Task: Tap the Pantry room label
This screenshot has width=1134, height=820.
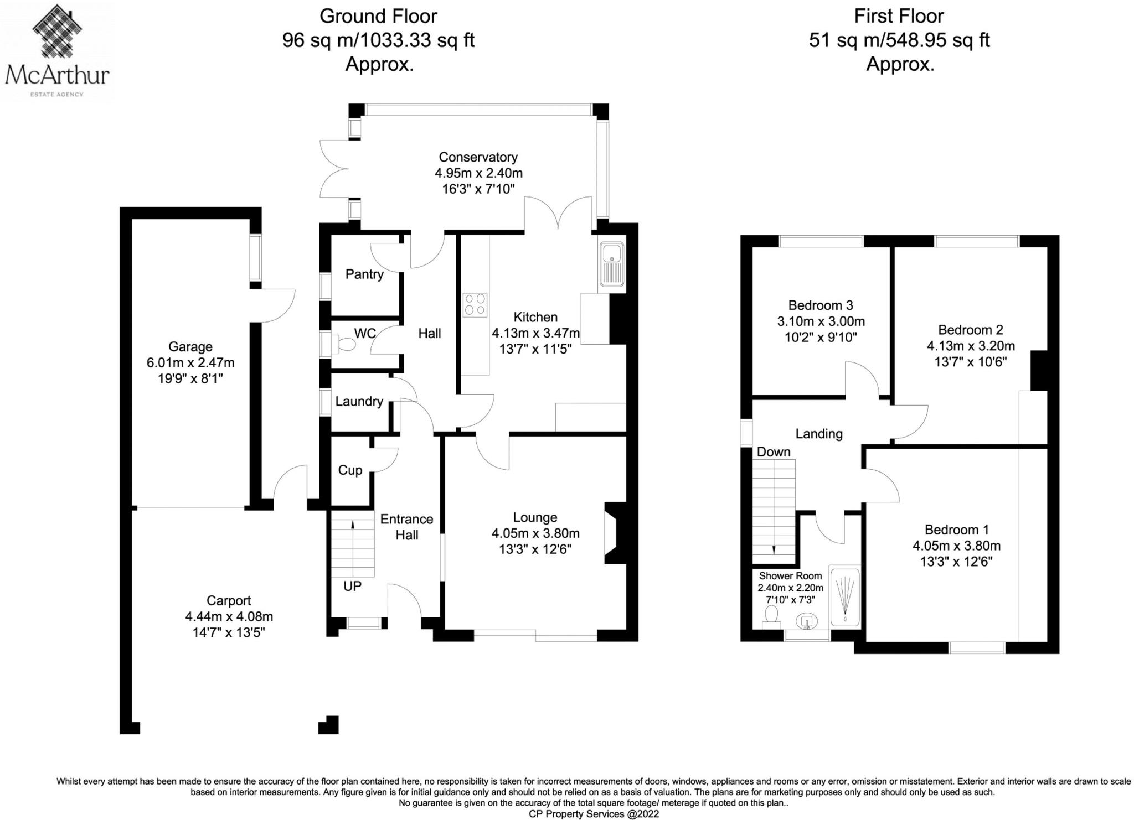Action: click(364, 274)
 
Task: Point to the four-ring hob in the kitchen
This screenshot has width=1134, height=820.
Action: click(475, 304)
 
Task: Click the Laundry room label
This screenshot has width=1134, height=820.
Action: click(359, 401)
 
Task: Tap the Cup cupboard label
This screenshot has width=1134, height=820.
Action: click(350, 470)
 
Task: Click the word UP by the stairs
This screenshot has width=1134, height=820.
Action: click(352, 586)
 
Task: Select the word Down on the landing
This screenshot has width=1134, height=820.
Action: click(774, 451)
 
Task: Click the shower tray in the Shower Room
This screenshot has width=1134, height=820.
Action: click(844, 596)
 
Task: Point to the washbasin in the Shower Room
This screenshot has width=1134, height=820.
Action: click(807, 622)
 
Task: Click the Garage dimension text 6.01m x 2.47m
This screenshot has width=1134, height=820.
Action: click(190, 363)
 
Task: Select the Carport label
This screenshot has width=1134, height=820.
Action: click(229, 600)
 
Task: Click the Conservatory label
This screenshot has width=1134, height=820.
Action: click(478, 157)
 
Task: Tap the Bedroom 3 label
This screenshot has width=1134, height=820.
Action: click(820, 305)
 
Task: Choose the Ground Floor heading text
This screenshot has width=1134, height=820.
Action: click(378, 16)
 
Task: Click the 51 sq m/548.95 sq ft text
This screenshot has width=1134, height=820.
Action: click(899, 40)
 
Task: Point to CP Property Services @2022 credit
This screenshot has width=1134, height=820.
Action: click(594, 814)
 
